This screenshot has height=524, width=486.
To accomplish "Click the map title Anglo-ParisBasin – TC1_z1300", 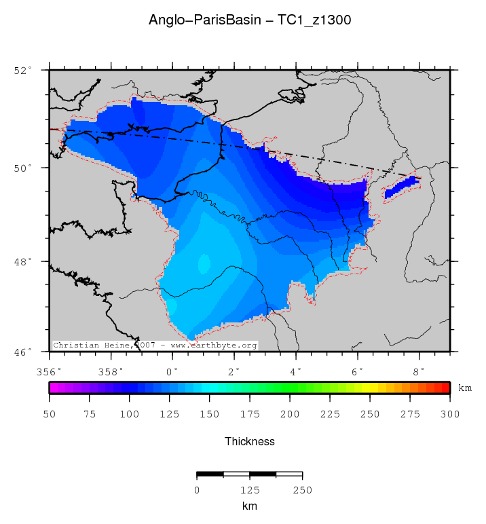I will point(249,20).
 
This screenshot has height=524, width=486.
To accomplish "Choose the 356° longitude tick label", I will point(49,371).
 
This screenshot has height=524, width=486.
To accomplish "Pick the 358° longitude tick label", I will point(111,371).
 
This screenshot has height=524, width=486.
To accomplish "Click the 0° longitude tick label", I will point(172,371).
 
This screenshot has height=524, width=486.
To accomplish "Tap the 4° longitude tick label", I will point(296,371).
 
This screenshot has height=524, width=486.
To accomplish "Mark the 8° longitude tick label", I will point(419,371).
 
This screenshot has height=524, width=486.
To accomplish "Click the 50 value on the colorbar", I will point(49,414).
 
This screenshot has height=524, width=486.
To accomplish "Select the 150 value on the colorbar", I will point(209,414).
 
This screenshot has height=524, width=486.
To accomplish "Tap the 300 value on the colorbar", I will point(449,414).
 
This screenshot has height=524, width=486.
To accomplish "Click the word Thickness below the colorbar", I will point(249,442).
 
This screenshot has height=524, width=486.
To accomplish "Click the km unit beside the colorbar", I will point(465,388).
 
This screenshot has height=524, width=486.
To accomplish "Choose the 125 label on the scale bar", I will point(249,490).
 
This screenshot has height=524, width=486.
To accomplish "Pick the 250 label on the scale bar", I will point(302,490).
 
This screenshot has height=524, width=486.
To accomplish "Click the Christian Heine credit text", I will point(155,345).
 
